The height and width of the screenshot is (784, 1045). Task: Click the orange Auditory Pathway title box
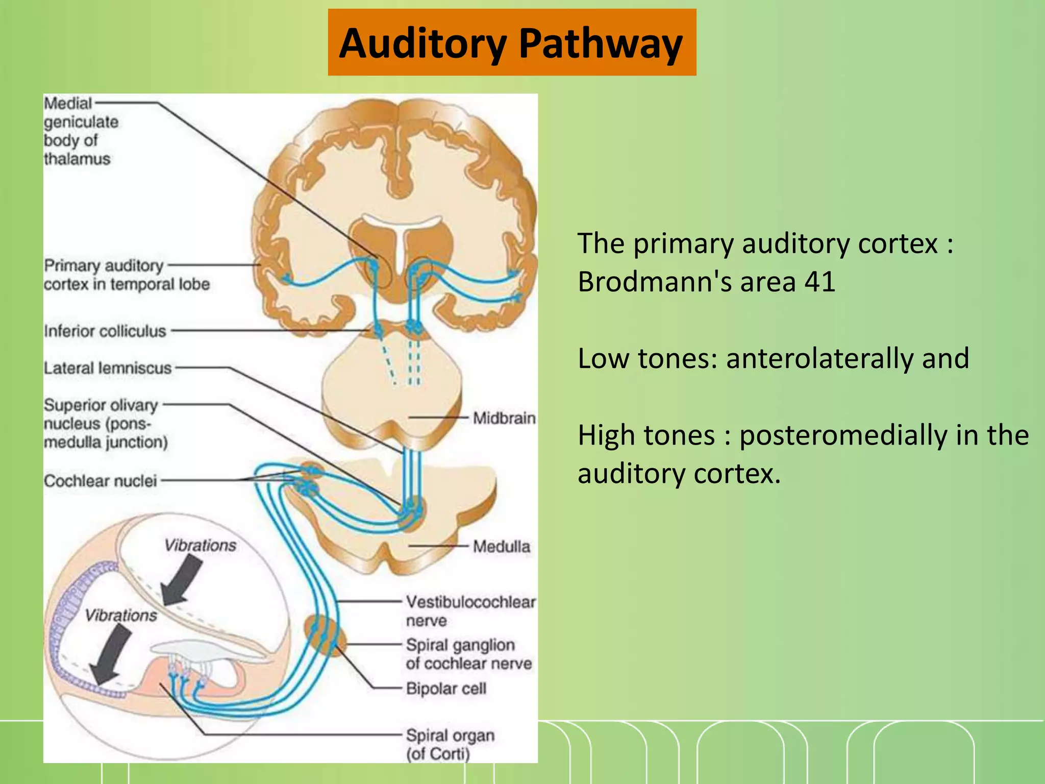click(x=512, y=43)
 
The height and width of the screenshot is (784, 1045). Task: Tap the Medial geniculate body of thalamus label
click(x=80, y=131)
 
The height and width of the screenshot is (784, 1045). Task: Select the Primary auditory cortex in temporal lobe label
click(x=126, y=275)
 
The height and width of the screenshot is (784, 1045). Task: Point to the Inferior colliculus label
click(x=105, y=331)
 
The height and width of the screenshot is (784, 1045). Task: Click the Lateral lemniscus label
click(x=107, y=368)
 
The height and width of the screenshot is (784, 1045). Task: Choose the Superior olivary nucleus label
click(x=105, y=424)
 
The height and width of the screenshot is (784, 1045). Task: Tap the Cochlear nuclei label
click(x=100, y=481)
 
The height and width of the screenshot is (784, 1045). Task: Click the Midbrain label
click(x=504, y=418)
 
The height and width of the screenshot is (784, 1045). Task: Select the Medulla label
click(x=501, y=547)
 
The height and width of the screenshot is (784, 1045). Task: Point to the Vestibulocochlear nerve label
click(x=470, y=611)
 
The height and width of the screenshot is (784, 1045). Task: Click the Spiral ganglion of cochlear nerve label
click(x=468, y=654)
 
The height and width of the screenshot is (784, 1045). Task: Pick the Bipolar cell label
click(x=446, y=689)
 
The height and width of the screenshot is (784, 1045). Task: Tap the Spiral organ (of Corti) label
click(x=450, y=744)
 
